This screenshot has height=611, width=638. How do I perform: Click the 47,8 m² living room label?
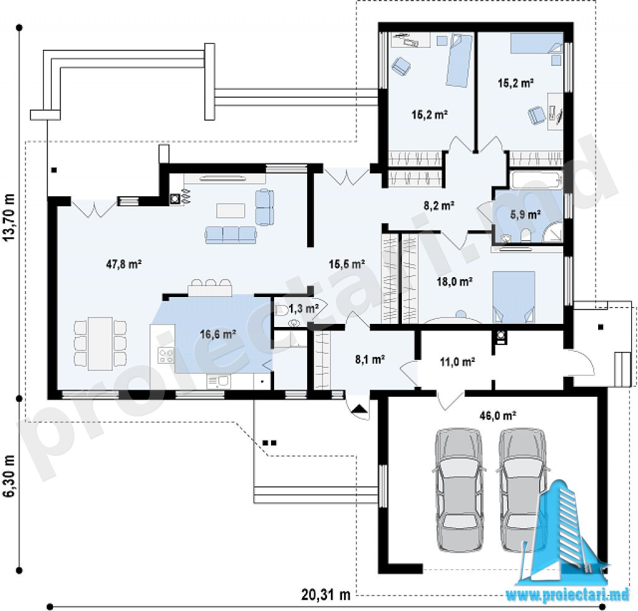click(x=124, y=265)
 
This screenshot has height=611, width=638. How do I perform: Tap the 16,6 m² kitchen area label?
click(x=218, y=334)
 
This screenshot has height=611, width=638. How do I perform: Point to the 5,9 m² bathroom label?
click(x=525, y=214)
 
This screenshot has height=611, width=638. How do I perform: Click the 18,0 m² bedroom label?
click(x=454, y=281)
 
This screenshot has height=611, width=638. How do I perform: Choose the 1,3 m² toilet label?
click(x=303, y=308)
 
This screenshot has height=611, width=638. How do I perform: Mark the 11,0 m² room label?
click(x=457, y=361)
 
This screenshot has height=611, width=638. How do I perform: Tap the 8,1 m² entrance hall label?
click(x=370, y=359)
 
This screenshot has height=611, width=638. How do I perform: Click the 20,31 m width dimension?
click(x=326, y=595)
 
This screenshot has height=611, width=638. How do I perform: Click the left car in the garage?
click(x=459, y=490)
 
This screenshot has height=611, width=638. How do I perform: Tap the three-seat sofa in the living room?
click(x=231, y=235)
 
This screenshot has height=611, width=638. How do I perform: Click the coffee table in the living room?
click(x=231, y=211)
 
